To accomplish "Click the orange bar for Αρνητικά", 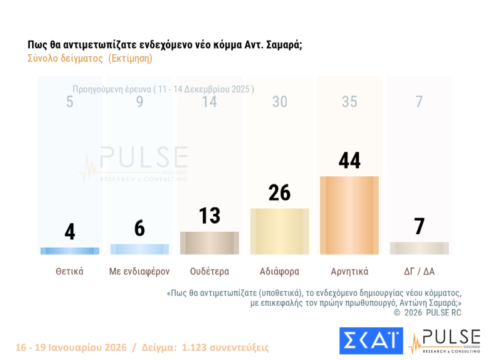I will point(349,215).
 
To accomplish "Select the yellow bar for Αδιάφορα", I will point(279,231).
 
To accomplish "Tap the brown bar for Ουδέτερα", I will point(209,243).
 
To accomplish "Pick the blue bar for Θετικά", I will point(70,251).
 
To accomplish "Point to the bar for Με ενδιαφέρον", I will point(139,249).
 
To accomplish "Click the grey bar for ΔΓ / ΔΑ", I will point(420,248).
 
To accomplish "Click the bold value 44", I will point(349,160).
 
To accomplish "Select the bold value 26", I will point(279,193).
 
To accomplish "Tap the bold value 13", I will point(209,216).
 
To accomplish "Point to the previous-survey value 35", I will point(349,102).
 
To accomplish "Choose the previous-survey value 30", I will point(279,102).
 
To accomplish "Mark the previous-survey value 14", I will point(209,102).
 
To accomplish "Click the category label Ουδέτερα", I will point(209,271).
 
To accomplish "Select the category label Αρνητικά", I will point(349,271).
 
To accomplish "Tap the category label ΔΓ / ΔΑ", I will point(420,271).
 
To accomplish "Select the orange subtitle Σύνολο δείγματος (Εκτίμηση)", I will point(90,59).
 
